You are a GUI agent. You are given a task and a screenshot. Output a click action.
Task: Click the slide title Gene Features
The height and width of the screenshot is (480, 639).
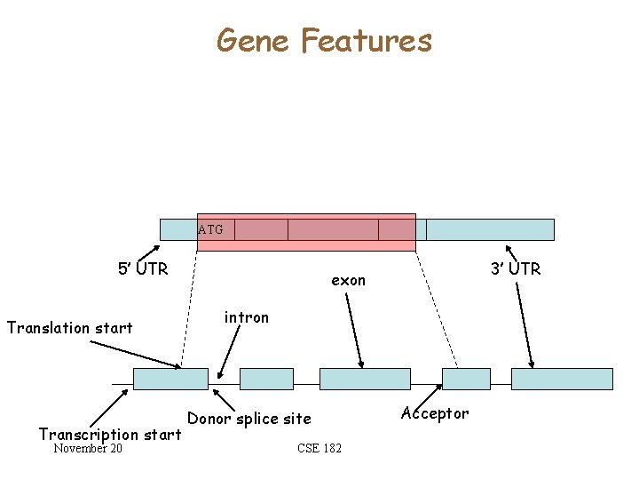(x=324, y=41)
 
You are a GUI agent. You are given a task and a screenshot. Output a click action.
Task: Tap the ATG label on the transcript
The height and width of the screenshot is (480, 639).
(x=211, y=229)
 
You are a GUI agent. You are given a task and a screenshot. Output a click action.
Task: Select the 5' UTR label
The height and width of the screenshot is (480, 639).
(x=143, y=268)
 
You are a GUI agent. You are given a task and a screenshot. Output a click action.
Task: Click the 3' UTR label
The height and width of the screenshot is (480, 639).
(x=516, y=268)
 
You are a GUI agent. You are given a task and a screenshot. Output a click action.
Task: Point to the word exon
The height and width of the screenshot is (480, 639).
(x=348, y=280)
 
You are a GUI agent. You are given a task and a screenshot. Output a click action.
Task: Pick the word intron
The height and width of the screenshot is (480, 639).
(x=246, y=316)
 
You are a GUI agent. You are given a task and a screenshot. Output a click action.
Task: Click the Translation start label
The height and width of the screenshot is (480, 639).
(x=69, y=327)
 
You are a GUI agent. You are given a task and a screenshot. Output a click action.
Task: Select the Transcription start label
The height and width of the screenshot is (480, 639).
(x=110, y=434)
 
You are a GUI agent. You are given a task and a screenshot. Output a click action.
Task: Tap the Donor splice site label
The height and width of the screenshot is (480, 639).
(x=249, y=418)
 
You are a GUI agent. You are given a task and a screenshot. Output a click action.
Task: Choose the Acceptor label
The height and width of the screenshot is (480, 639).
(x=435, y=413)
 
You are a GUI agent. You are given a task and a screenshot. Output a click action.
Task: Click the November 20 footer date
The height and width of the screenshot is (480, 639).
(x=88, y=448)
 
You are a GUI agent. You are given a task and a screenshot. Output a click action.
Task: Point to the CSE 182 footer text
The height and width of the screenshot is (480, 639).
(x=319, y=448)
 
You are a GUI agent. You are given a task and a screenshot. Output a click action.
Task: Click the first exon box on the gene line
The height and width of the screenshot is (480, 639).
(x=170, y=379)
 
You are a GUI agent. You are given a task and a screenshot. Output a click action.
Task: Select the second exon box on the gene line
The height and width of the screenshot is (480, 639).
(x=266, y=379)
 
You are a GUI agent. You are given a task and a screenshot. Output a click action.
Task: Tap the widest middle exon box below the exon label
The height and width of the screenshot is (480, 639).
(x=365, y=379)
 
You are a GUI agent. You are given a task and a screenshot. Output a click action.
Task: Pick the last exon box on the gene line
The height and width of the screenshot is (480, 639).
(x=562, y=379)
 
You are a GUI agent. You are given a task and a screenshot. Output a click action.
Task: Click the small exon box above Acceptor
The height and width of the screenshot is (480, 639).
(x=466, y=379)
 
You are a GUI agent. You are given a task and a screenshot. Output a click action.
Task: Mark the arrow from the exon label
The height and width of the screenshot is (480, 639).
(x=354, y=329)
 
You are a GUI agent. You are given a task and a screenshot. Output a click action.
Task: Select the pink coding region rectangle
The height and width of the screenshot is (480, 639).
(x=306, y=232)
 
